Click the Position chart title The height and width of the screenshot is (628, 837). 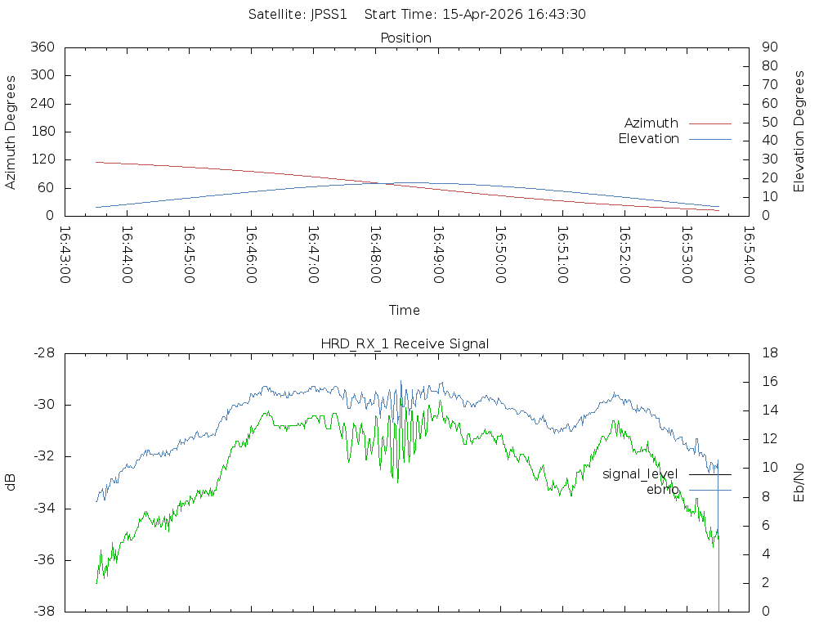tap(405, 38)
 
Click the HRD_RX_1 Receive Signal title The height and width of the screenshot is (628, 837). tap(405, 344)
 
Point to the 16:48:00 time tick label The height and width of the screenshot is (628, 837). tap(376, 255)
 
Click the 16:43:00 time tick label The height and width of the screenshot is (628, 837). tap(65, 255)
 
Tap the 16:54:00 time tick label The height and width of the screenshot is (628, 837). tap(749, 255)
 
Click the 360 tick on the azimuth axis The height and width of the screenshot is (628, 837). tap(43, 47)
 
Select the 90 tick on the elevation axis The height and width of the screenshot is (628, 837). tap(770, 47)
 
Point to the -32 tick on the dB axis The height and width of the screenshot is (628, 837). tap(44, 456)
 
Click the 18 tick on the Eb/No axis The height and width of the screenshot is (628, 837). tap(770, 353)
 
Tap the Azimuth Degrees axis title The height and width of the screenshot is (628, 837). tap(10, 132)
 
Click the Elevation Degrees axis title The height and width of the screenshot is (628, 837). tap(799, 132)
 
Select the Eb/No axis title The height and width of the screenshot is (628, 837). tap(799, 482)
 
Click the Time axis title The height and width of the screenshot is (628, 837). tap(404, 310)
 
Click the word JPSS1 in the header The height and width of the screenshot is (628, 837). tap(329, 15)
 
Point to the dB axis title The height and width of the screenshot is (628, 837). tap(10, 482)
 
